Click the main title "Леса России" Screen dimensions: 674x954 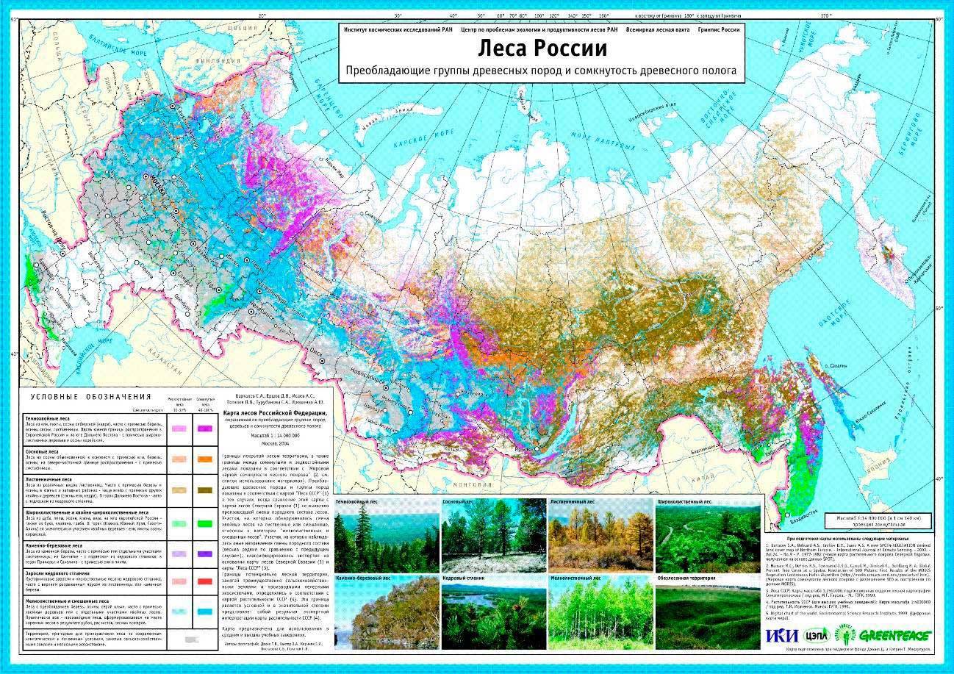coord(542,49)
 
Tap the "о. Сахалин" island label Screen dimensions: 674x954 coord(836,365)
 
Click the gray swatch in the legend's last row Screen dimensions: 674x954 coord(191,640)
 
